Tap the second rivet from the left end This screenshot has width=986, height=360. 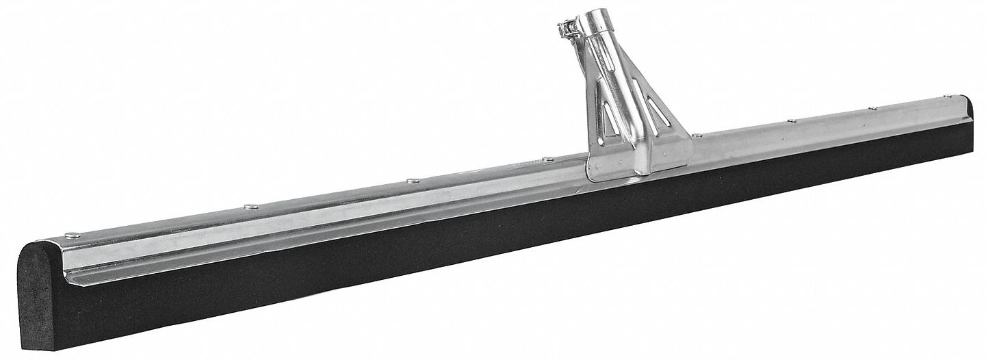pos(251,205)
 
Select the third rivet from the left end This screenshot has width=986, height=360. pos(413,181)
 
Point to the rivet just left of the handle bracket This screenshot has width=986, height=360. pos(547,159)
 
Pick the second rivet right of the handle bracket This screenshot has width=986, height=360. pos(791,122)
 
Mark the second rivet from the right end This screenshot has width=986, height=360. pos(872,108)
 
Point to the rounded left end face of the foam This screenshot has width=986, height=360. pos(41,287)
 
